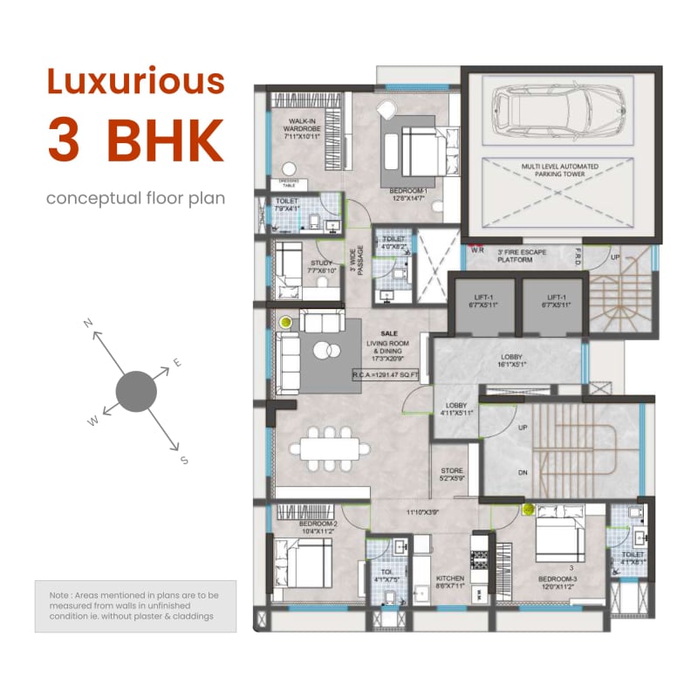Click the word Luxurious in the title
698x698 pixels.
tap(135, 82)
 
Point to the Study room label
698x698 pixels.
tap(322, 267)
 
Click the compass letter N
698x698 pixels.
tap(88, 324)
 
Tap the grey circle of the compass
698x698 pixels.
tap(136, 391)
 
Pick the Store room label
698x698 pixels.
tap(452, 474)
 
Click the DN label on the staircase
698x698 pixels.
tap(523, 472)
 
